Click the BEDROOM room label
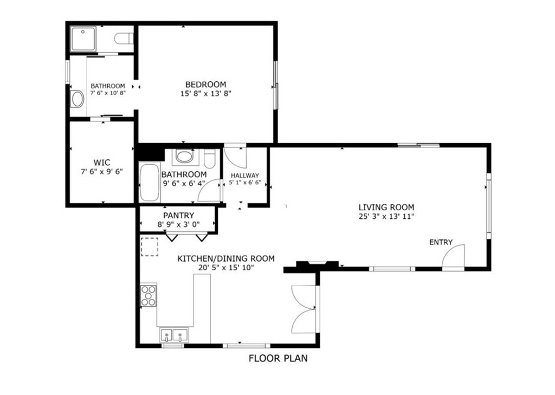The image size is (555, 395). [205, 84]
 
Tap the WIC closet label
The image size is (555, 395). [101, 162]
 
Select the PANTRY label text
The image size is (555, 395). [178, 216]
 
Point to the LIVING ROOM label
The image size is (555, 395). [386, 207]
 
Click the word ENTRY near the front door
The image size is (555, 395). [441, 242]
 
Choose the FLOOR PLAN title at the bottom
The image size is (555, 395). [278, 358]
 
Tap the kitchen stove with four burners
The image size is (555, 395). [149, 295]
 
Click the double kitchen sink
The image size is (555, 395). [174, 335]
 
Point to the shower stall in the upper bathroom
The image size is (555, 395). [84, 38]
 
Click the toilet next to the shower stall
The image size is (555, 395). [124, 38]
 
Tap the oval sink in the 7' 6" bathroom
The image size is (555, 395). [76, 99]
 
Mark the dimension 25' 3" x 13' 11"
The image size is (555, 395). [386, 216]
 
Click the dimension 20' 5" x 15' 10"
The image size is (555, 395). [226, 267]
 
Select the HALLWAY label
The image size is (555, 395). [244, 176]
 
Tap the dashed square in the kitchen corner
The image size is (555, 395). [149, 247]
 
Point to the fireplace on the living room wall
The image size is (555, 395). [318, 264]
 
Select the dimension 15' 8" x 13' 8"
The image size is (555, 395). [205, 93]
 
